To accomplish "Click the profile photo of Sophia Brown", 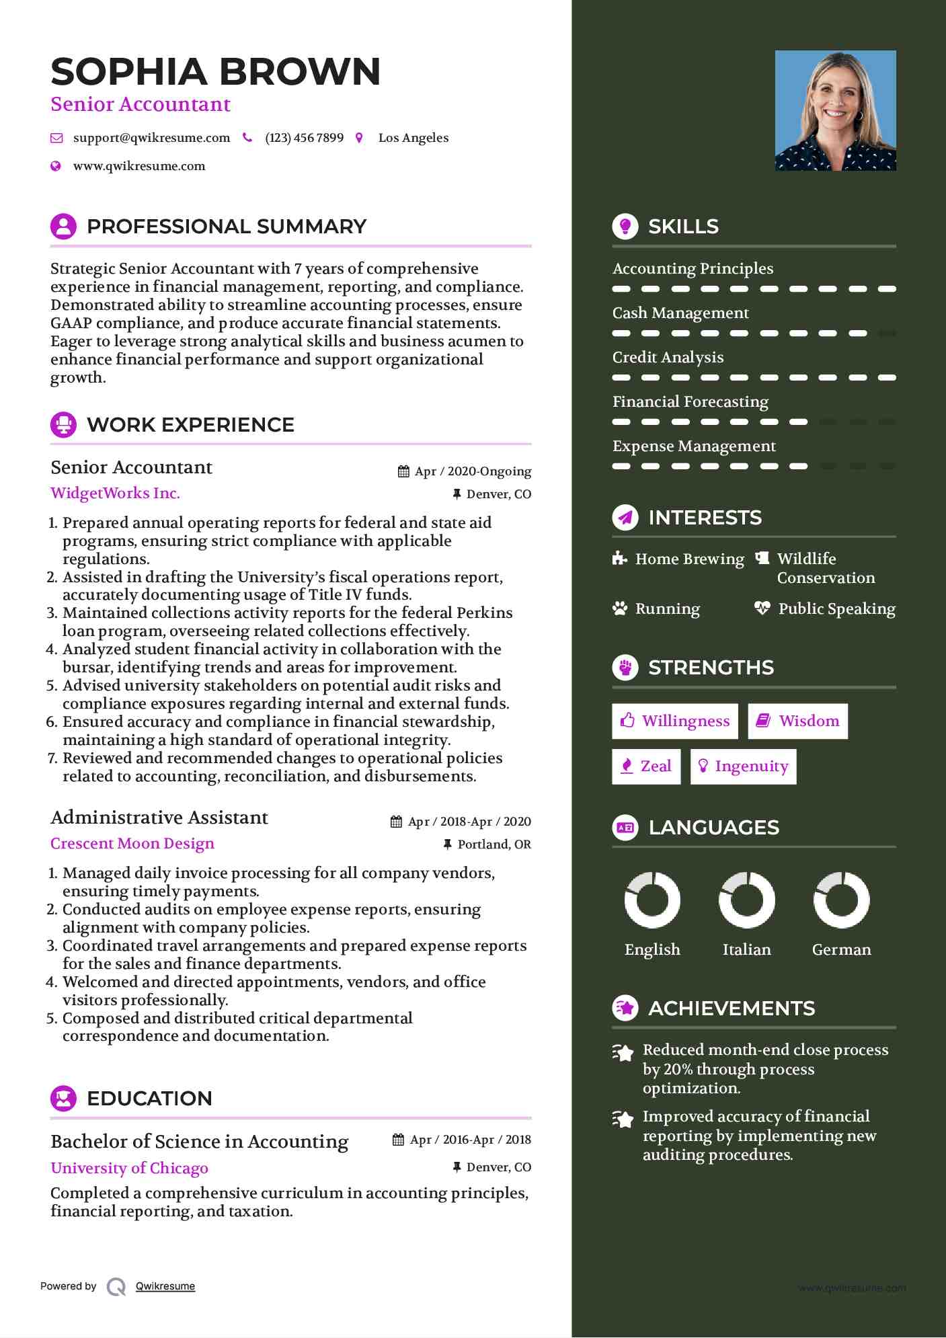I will [x=835, y=110].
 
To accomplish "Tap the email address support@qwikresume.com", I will [x=151, y=138].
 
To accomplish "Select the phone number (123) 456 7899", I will [x=304, y=138].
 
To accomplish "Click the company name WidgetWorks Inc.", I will [x=115, y=493].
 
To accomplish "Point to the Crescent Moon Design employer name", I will [x=132, y=843].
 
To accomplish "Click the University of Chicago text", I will [x=129, y=1168].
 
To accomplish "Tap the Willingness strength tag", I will [x=674, y=721].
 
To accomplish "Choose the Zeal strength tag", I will [x=645, y=766].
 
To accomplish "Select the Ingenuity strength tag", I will [x=743, y=766].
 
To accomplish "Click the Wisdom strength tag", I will [x=797, y=721].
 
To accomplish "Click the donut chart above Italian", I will [x=746, y=900].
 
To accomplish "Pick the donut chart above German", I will [x=841, y=900].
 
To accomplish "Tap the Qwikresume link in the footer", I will [x=165, y=1286].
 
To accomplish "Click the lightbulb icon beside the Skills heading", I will [x=625, y=227].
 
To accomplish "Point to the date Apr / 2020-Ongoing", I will [x=473, y=471].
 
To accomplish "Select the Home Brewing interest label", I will [x=689, y=559].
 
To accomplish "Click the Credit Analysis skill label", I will [x=668, y=357].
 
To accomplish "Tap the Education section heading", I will [x=149, y=1098].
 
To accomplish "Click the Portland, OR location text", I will [x=494, y=844].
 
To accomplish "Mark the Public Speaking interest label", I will [x=836, y=608].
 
